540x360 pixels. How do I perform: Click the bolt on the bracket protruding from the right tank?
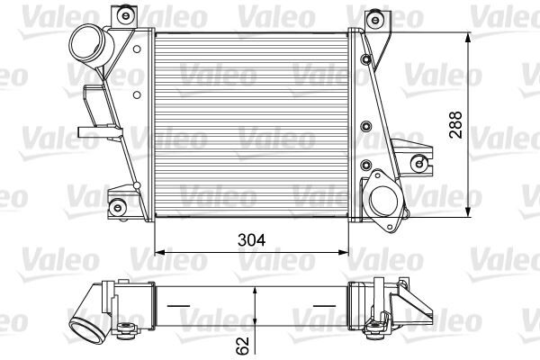click(x=418, y=163)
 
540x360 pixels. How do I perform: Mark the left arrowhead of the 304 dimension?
click(x=158, y=252)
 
